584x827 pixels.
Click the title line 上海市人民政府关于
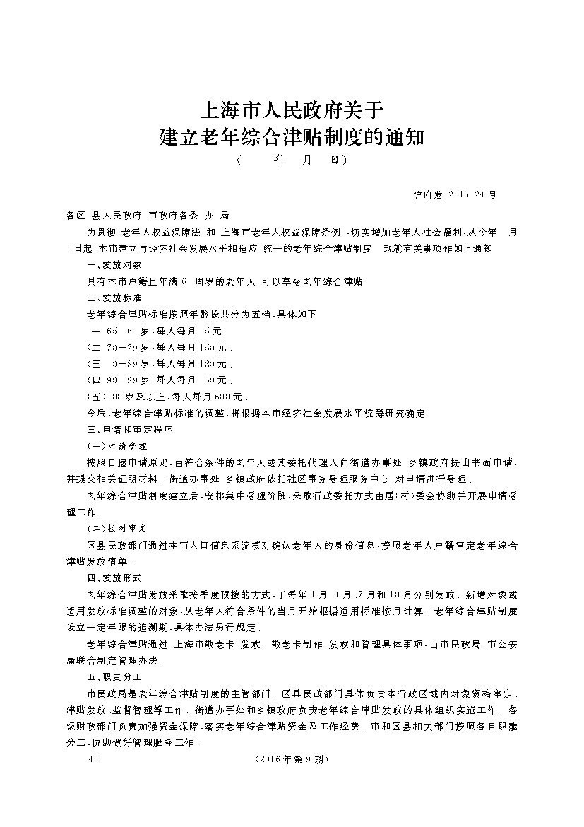(292, 110)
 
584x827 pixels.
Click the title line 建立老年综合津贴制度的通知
(292, 136)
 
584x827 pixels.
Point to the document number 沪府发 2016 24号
(453, 194)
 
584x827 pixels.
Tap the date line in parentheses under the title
(292, 160)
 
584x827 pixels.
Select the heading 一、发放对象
(114, 264)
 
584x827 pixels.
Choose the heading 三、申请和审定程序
(129, 428)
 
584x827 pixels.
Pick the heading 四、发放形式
(114, 577)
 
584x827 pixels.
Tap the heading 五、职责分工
(114, 676)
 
